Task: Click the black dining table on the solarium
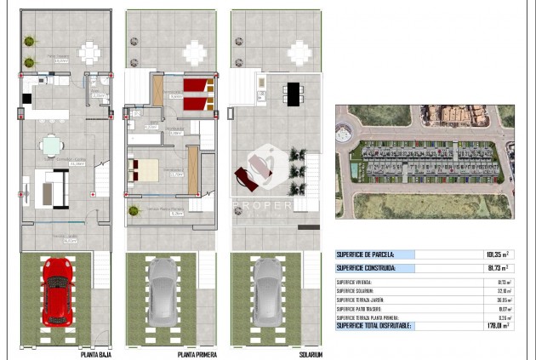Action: pos(294,93)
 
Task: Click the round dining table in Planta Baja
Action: pos(53,142)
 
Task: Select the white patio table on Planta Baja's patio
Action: pos(88,52)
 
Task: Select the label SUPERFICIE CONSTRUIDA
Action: pos(366,268)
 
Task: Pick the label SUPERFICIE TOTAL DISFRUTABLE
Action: pos(373,324)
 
